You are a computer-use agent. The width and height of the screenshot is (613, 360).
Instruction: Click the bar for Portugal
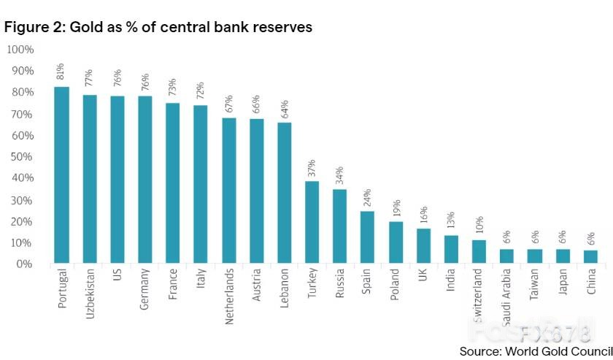click(62, 175)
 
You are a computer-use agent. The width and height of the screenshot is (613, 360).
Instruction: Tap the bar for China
click(590, 256)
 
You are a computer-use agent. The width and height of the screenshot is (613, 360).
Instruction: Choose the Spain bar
click(367, 237)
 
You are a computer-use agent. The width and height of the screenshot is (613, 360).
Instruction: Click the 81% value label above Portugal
click(61, 72)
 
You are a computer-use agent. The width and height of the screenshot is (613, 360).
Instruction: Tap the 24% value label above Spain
click(367, 197)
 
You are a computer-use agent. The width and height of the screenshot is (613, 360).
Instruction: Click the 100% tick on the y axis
click(20, 50)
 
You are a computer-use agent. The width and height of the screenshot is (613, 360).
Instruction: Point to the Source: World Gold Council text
click(536, 351)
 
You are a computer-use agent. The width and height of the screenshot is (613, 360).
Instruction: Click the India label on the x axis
click(451, 282)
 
